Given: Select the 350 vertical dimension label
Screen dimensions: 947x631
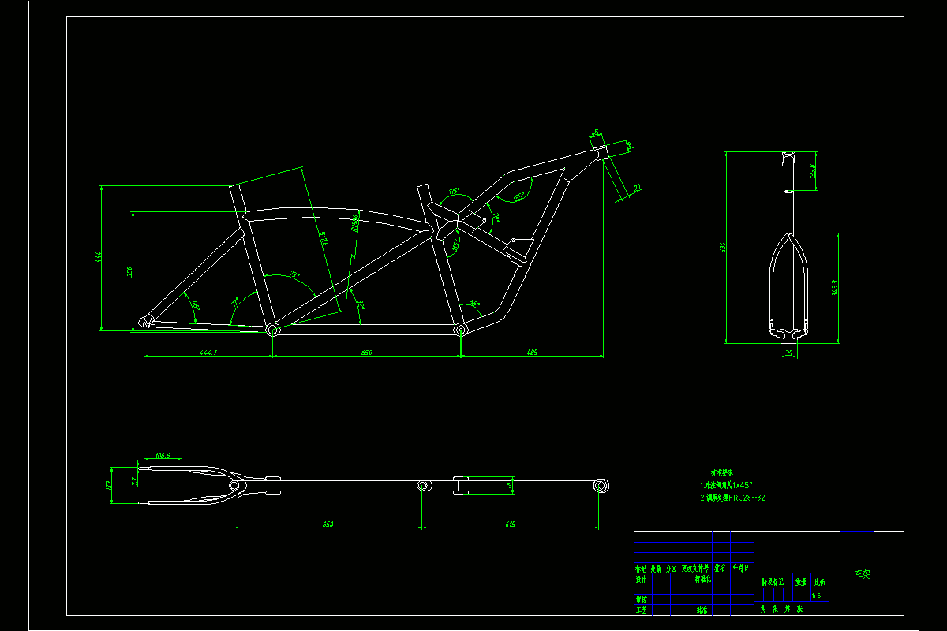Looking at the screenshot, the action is (x=129, y=271).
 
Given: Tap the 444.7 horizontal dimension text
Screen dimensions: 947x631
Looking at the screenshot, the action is (x=208, y=352).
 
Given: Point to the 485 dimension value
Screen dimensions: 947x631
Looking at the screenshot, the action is (x=531, y=352).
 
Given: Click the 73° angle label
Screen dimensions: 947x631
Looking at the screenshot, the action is (x=294, y=275).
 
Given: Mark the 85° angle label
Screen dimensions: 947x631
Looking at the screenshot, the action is (x=473, y=303).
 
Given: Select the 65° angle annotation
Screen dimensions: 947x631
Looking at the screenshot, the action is (x=519, y=197).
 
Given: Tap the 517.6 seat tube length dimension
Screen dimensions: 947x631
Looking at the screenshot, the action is (x=324, y=238).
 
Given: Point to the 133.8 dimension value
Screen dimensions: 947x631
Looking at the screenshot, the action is (x=812, y=170).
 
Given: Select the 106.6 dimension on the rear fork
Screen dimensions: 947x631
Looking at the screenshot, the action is (x=163, y=456).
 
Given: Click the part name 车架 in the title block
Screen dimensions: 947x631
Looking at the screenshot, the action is (x=865, y=574).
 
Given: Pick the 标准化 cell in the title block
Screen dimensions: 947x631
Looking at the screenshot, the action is (x=702, y=578).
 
